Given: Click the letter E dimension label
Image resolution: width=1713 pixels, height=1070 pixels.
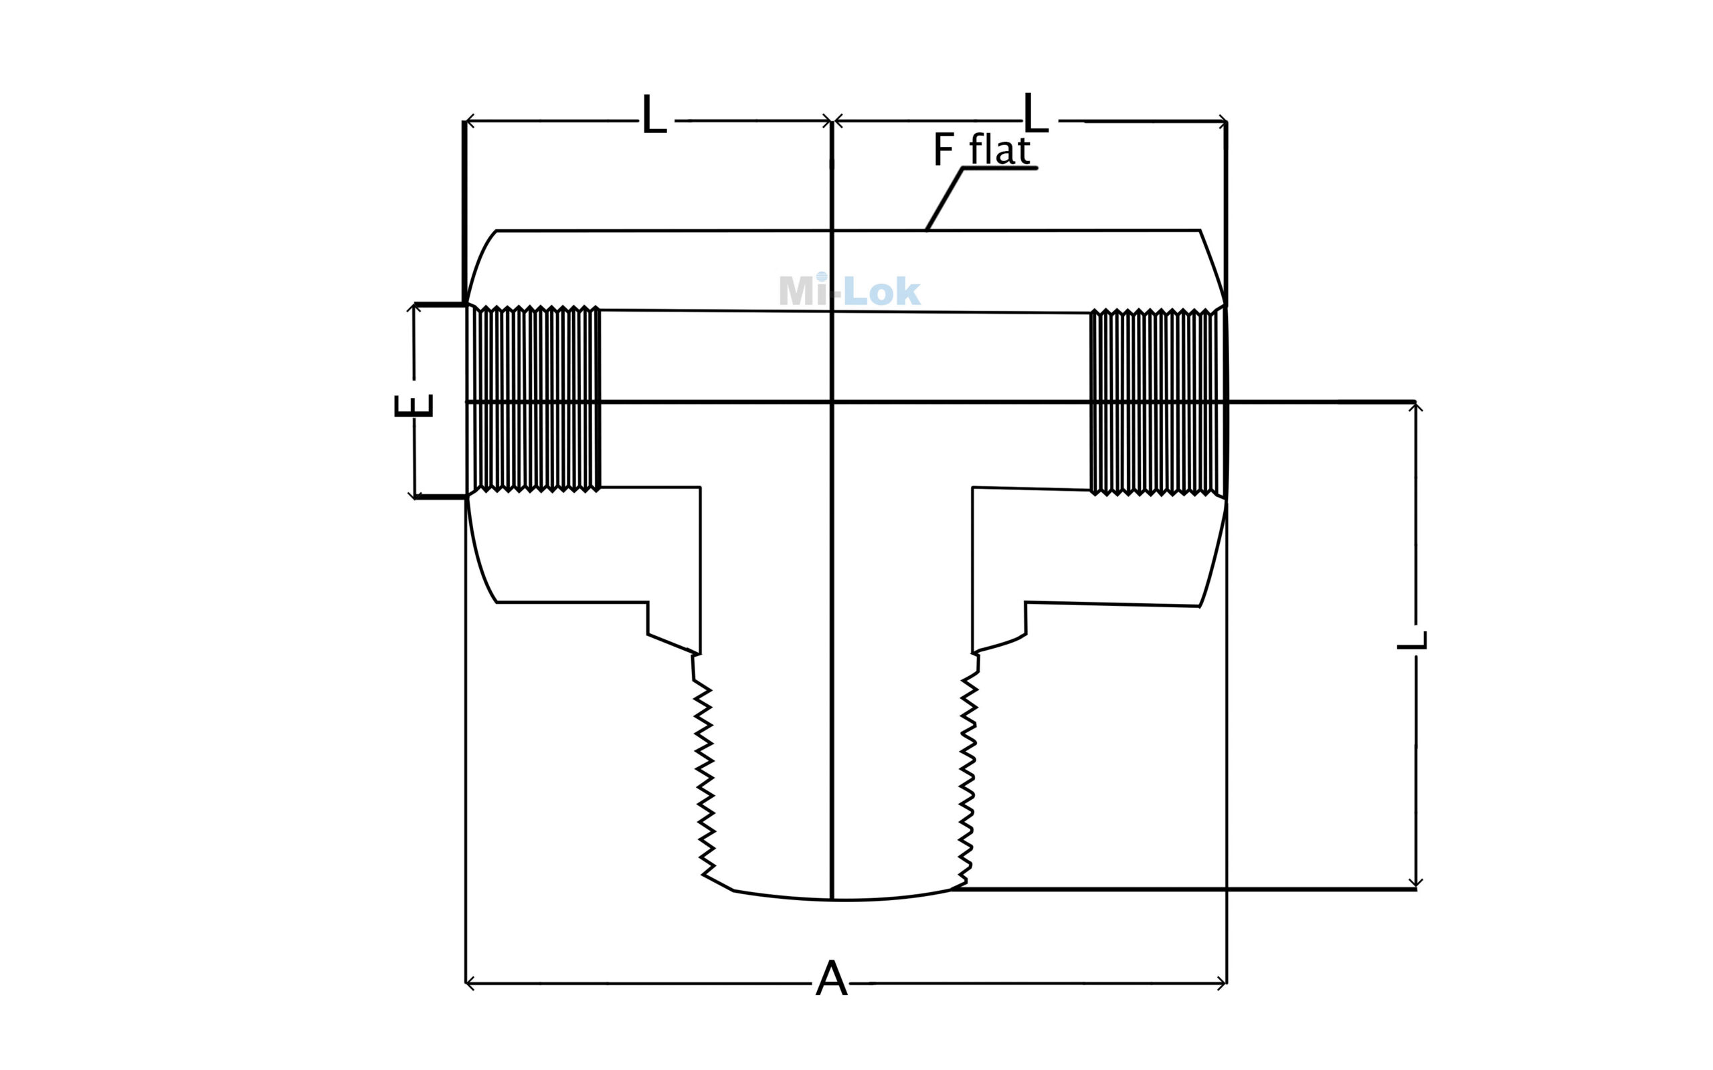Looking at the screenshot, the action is pos(414,405).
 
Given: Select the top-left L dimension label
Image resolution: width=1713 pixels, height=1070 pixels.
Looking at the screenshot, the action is pos(654,114).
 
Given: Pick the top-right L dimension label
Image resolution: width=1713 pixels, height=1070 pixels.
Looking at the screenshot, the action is pos(1036,114).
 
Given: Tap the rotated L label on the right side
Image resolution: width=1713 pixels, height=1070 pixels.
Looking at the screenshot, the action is pos(1412,641).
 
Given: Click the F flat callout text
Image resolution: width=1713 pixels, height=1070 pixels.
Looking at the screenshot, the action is pos(982,149).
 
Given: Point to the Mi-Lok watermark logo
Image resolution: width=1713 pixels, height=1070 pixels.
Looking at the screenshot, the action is pos(849,290).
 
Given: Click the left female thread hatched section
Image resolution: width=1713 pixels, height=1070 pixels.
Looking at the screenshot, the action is pos(534,399).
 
